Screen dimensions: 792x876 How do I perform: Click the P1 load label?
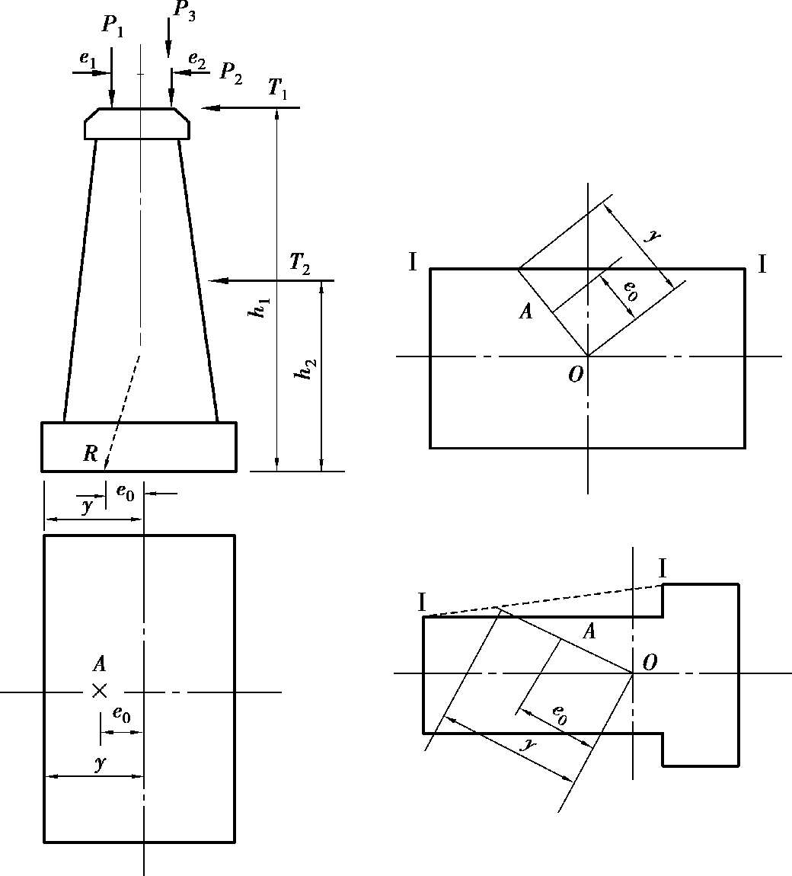[x=112, y=26]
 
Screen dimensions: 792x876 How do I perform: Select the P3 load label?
[x=184, y=11]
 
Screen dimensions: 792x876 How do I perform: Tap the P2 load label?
[x=232, y=72]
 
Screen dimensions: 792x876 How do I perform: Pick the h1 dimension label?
[x=260, y=308]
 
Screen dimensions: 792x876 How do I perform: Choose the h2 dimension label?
[x=306, y=369]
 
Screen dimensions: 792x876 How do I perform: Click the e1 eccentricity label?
[x=88, y=59]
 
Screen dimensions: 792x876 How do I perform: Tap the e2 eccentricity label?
[x=196, y=58]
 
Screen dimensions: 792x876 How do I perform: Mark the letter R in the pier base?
[x=91, y=453]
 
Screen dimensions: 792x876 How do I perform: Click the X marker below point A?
[x=100, y=692]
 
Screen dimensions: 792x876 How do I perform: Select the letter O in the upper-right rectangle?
[x=576, y=374]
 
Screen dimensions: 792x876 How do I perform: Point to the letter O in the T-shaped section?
[x=650, y=663]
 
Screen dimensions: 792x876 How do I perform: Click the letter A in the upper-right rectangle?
[x=525, y=311]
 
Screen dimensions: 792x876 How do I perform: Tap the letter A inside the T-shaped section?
[x=589, y=631]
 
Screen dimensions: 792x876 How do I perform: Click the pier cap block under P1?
[x=137, y=123]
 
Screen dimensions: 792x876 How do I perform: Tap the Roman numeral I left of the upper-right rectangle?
[x=413, y=261]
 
